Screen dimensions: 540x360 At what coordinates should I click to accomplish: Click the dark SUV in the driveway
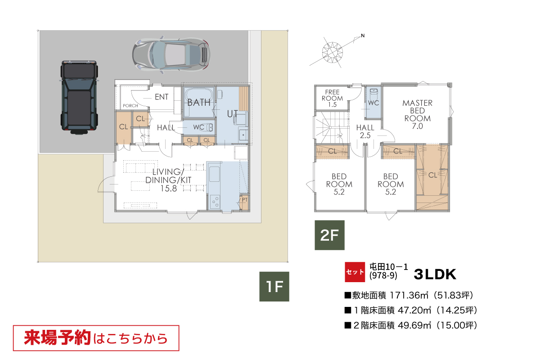(79, 97)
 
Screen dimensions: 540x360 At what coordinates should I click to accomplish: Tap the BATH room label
(199, 103)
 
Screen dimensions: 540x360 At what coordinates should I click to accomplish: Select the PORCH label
(130, 106)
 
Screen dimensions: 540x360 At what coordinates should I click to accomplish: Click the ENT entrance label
(162, 97)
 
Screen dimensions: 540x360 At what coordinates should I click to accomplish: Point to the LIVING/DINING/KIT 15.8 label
(168, 180)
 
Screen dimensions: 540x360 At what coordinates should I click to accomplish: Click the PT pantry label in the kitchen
(245, 200)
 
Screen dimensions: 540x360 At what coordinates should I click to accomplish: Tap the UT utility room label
(232, 114)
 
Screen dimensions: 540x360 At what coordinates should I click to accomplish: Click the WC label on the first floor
(198, 127)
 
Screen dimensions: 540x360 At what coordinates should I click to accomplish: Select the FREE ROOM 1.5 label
(332, 99)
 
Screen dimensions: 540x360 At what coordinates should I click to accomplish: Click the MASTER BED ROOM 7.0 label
(417, 115)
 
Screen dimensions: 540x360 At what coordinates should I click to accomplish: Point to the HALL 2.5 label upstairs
(365, 131)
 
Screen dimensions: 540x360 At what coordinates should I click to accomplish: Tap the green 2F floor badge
(329, 235)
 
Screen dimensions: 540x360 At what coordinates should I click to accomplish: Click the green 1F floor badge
(274, 287)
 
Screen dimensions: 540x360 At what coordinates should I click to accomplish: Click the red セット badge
(355, 272)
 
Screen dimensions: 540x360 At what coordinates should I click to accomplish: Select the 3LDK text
(435, 274)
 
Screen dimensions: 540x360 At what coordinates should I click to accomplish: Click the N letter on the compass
(363, 36)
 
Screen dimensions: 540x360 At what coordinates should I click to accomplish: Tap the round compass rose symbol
(333, 52)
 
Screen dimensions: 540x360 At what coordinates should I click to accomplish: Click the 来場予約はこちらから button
(96, 338)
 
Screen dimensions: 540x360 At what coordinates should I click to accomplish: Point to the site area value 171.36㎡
(409, 295)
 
